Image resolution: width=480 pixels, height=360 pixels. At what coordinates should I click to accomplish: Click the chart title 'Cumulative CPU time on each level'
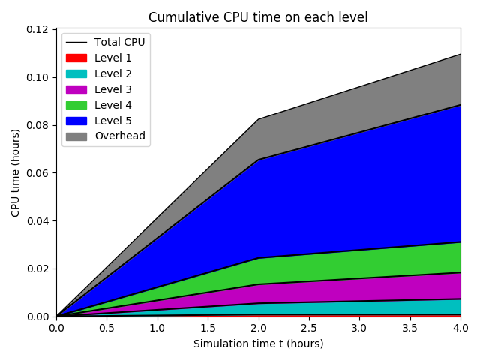(x=258, y=17)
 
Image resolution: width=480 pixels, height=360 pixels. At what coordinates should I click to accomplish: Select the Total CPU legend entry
(x=105, y=42)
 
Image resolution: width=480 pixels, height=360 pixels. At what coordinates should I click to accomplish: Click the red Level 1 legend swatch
(x=76, y=58)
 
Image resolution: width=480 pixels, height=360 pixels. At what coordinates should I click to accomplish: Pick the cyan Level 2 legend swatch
(x=76, y=73)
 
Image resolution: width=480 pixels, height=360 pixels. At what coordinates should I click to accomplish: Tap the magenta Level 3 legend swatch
(x=76, y=89)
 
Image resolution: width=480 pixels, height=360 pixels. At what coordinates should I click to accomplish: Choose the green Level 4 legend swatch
(x=76, y=105)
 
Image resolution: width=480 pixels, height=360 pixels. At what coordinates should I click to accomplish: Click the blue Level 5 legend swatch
(x=76, y=121)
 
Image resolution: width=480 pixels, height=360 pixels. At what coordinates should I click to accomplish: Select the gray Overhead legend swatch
(x=76, y=136)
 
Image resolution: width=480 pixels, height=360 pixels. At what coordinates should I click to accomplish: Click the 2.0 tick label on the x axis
(x=258, y=328)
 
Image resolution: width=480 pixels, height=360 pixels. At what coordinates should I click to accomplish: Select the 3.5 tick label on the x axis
(x=409, y=328)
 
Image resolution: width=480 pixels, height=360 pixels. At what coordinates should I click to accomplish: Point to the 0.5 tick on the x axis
(x=106, y=328)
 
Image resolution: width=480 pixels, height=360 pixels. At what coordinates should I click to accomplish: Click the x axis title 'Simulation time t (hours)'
(x=258, y=343)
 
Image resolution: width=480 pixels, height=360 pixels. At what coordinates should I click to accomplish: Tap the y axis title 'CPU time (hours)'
(x=16, y=172)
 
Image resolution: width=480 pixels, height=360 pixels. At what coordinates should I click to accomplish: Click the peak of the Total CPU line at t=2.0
(x=258, y=119)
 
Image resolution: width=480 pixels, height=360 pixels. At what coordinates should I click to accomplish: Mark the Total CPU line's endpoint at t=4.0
(x=460, y=54)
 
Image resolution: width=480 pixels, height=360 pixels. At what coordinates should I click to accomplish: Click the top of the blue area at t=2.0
(x=258, y=160)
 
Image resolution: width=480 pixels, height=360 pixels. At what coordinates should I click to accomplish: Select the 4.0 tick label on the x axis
(x=460, y=328)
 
